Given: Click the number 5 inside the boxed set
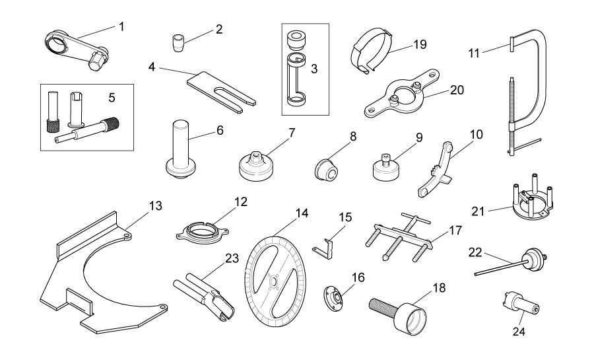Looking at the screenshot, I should pyautogui.click(x=112, y=97).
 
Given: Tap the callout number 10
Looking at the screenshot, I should pyautogui.click(x=477, y=134).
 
